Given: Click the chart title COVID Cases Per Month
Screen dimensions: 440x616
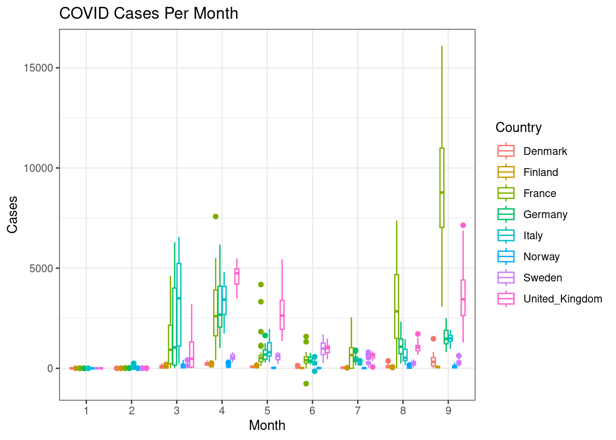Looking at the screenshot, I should [x=148, y=13].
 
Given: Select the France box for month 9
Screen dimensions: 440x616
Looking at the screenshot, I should [x=442, y=187].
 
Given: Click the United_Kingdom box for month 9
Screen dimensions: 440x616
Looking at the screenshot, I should [x=463, y=298].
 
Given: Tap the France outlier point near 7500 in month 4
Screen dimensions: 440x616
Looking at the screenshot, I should [x=215, y=216].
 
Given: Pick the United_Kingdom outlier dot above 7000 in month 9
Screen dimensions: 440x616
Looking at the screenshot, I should [x=463, y=225].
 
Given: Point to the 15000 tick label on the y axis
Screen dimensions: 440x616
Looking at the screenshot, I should [x=38, y=68].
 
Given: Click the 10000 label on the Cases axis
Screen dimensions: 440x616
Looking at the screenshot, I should [x=38, y=168].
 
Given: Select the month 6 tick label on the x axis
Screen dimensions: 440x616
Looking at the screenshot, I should [x=312, y=411].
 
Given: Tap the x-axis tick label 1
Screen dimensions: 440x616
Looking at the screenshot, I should [x=86, y=411].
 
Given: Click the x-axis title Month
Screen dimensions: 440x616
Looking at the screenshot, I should [x=267, y=425].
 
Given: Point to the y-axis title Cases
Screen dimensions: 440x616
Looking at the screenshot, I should [x=12, y=214].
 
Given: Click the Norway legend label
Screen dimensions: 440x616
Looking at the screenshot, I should [x=541, y=257].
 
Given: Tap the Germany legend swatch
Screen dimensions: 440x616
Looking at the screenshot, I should [x=506, y=214].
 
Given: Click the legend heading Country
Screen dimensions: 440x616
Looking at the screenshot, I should [x=518, y=127].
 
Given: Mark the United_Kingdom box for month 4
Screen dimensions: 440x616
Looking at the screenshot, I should [x=236, y=276].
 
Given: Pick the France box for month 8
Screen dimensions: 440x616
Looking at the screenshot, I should [x=396, y=306].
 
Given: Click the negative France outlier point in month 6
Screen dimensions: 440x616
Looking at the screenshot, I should [x=306, y=384].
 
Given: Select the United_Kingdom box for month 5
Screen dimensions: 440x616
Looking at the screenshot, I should [x=282, y=315].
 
